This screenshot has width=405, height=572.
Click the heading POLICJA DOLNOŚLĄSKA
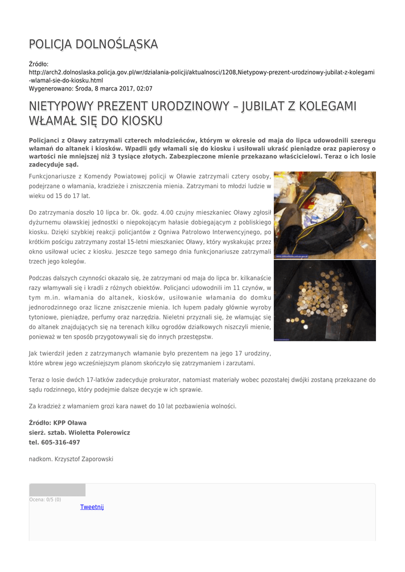click(x=93, y=44)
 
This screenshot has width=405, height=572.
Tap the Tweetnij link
click(x=92, y=507)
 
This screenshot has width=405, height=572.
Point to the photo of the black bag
click(x=325, y=215)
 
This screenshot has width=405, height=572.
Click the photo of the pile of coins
click(x=325, y=301)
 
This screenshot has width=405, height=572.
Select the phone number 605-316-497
click(x=60, y=442)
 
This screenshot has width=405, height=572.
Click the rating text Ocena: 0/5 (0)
click(x=45, y=499)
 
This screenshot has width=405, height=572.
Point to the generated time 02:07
click(x=144, y=88)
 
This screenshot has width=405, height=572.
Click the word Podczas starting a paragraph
click(x=42, y=278)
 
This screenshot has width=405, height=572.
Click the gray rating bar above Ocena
click(x=57, y=490)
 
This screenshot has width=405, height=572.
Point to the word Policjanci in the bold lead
click(x=47, y=140)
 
